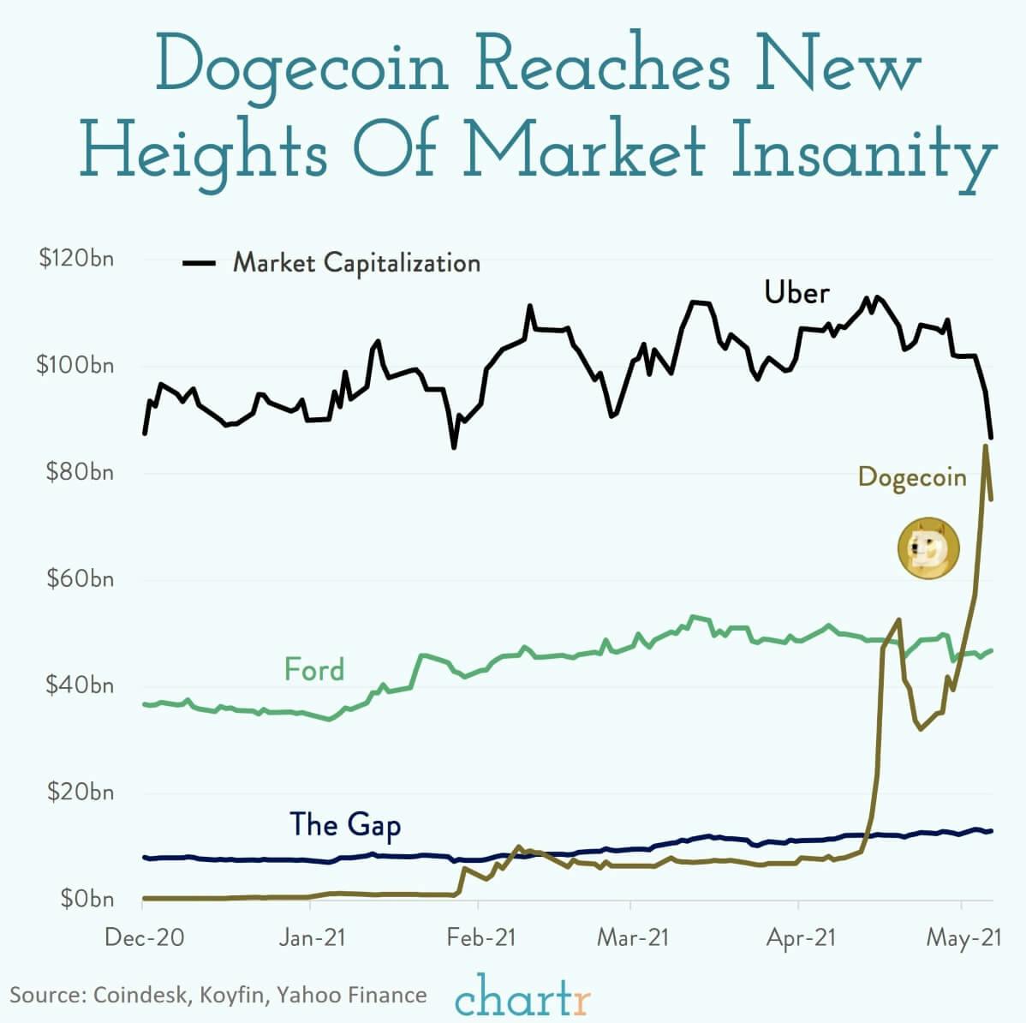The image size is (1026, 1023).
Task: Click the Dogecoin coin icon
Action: tap(928, 547)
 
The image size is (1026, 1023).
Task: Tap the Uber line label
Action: tap(796, 293)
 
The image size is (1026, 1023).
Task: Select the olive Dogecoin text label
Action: tap(911, 477)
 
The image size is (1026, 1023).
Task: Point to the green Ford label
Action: tap(314, 669)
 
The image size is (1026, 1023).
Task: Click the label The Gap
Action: tap(345, 824)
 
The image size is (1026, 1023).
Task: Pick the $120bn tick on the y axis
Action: tap(75, 259)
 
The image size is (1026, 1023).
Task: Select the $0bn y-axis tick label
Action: tap(86, 899)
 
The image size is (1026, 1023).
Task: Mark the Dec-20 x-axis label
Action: tap(144, 937)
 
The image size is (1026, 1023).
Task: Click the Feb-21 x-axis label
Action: tap(480, 937)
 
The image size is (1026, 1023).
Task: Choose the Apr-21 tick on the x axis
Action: tap(800, 937)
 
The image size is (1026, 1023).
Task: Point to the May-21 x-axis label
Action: tap(963, 937)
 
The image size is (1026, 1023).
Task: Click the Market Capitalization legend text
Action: tap(356, 262)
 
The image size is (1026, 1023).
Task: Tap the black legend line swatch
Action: tap(199, 263)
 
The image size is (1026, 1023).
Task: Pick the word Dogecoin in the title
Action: tap(302, 67)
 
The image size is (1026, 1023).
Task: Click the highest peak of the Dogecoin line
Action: tap(986, 446)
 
